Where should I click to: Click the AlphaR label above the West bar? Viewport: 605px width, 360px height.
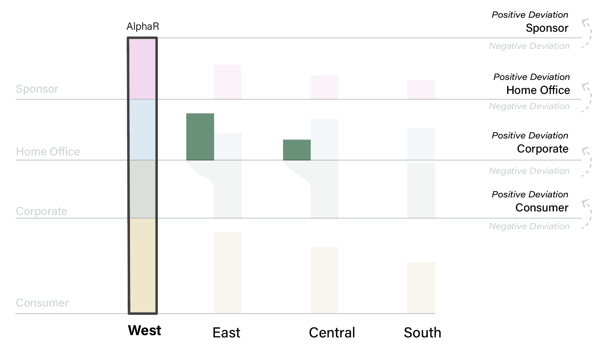(x=143, y=27)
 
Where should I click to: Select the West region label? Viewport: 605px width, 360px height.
(x=144, y=331)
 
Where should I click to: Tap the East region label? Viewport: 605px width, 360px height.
(x=226, y=333)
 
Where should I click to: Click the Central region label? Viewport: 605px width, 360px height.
(x=332, y=333)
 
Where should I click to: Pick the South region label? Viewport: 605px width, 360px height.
(x=422, y=333)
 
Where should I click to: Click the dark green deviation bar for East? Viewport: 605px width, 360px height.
(x=200, y=137)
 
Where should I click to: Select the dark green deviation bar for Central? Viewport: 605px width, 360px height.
(x=297, y=150)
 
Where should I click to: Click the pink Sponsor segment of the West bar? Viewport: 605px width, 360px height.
(x=142, y=69)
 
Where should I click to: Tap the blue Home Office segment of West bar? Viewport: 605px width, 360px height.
(x=142, y=130)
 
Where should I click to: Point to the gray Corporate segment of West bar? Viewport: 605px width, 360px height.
(x=142, y=189)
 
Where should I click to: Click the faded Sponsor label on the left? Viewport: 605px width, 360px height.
(x=37, y=89)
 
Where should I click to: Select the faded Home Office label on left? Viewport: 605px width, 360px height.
(x=48, y=152)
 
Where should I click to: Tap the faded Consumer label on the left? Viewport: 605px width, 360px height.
(x=42, y=303)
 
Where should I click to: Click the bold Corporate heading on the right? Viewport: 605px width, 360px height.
(x=542, y=149)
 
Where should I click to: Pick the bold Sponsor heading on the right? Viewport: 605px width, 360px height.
(x=547, y=28)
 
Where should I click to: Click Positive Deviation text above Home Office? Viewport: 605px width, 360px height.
(x=531, y=77)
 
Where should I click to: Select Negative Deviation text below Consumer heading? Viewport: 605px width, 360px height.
(x=529, y=226)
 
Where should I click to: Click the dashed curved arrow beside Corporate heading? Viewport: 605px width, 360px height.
(x=587, y=162)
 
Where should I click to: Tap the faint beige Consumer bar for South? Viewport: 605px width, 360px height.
(x=421, y=288)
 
